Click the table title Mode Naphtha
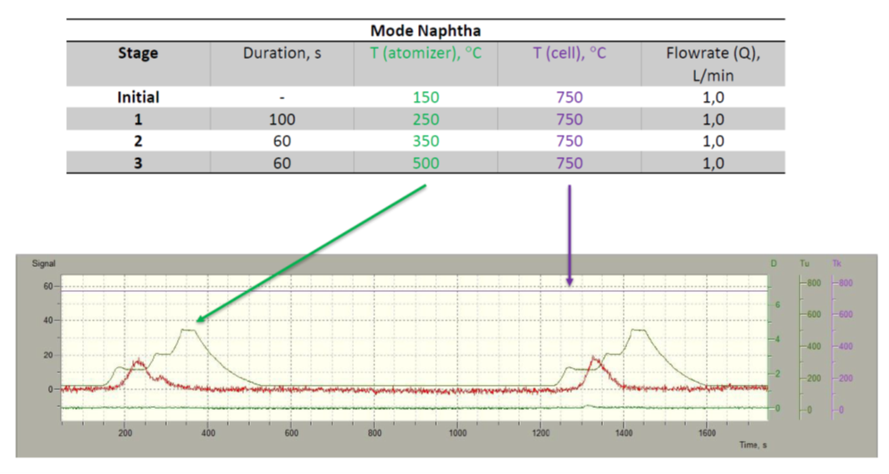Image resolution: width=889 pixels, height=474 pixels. coord(425,30)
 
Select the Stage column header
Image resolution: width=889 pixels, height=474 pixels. coord(138,54)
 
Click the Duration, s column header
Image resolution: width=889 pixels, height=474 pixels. coord(281,54)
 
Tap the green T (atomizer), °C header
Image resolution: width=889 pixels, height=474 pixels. coord(425,54)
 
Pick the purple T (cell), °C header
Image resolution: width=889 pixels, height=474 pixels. coord(569,54)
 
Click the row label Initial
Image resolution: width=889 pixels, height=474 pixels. coord(138,97)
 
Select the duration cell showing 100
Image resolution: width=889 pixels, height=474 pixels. coord(281,120)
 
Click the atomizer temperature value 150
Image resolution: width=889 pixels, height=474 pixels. coord(426,97)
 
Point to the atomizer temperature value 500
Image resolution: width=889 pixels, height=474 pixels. coord(426,163)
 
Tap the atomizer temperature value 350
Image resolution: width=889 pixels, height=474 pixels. coord(426,141)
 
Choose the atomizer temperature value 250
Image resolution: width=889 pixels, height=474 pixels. coord(426,120)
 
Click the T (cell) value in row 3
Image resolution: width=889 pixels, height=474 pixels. coord(569,163)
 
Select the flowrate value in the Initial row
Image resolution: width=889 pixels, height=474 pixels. coord(713,97)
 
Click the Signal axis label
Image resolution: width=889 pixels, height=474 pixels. coord(44,263)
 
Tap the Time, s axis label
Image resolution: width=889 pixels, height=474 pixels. coord(753,445)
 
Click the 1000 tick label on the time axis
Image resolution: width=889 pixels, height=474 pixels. coord(457,433)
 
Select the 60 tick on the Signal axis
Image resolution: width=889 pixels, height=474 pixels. coord(47,287)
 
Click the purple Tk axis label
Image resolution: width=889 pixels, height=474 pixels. coord(837,263)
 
